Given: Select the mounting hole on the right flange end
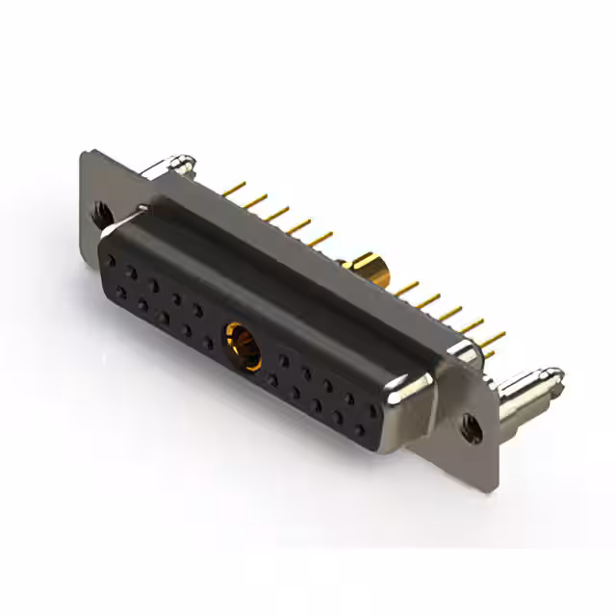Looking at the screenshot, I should pyautogui.click(x=472, y=427).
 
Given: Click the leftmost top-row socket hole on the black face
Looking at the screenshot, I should pyautogui.click(x=113, y=259).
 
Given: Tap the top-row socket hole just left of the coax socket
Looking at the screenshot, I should pyautogui.click(x=198, y=309).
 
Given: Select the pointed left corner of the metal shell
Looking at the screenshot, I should pyautogui.click(x=144, y=209).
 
